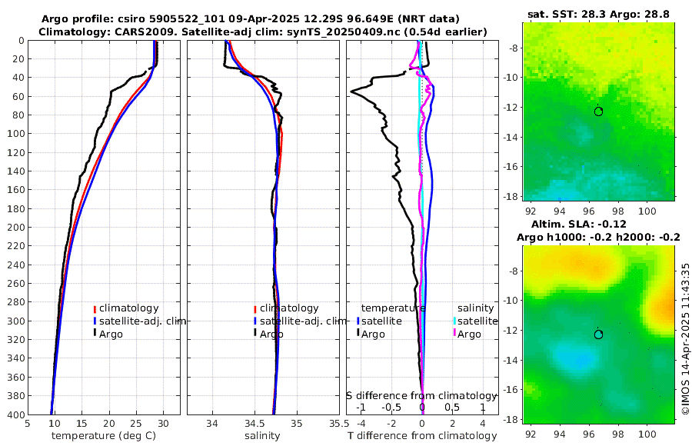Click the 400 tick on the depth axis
[x=15, y=414]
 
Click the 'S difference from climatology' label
[x=421, y=395]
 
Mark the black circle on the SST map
[x=598, y=111]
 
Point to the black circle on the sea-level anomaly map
[x=598, y=334]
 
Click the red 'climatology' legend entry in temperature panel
[x=126, y=308]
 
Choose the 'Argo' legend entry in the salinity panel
[x=271, y=334]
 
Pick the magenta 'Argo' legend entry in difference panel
[x=468, y=334]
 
